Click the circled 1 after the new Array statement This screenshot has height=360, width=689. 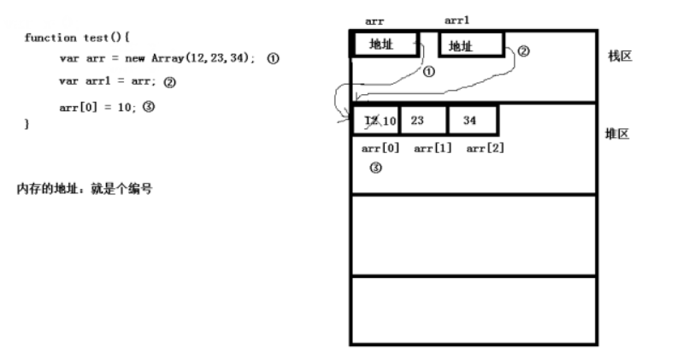273,58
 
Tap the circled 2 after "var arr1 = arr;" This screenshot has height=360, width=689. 169,83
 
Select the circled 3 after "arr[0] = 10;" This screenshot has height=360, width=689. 147,107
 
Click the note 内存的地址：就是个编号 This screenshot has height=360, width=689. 85,188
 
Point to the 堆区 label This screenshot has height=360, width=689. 617,134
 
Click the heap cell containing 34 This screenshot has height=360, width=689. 471,121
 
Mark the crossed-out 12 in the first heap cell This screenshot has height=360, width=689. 369,121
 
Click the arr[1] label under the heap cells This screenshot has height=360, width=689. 432,149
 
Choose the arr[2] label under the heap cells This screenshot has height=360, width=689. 485,149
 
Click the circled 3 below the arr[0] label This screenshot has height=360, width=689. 374,168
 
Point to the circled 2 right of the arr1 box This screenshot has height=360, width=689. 523,50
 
